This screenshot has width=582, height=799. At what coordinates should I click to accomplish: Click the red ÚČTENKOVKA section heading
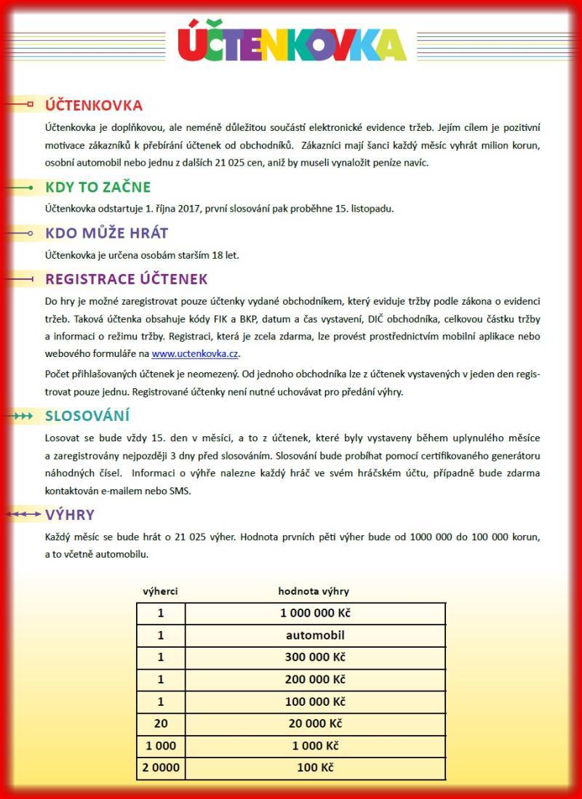pyautogui.click(x=94, y=105)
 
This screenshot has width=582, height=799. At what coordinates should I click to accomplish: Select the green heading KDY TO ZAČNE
pyautogui.click(x=98, y=188)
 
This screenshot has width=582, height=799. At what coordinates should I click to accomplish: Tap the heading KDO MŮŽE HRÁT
pyautogui.click(x=107, y=233)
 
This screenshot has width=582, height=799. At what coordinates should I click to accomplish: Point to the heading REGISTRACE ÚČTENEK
pyautogui.click(x=127, y=279)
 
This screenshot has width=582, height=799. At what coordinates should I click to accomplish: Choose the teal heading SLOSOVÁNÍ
pyautogui.click(x=87, y=417)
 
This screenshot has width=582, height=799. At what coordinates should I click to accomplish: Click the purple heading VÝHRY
pyautogui.click(x=70, y=515)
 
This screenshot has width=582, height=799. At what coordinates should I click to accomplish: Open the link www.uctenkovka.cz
pyautogui.click(x=195, y=354)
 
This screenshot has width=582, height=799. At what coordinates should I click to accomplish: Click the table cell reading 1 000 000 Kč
pyautogui.click(x=315, y=613)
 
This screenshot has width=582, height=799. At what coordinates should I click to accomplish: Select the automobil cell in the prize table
pyautogui.click(x=315, y=635)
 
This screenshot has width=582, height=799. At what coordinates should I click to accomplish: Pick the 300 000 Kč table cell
pyautogui.click(x=315, y=657)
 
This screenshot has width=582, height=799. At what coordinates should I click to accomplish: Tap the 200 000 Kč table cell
pyautogui.click(x=315, y=680)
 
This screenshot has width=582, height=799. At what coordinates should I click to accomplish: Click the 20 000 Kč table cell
pyautogui.click(x=315, y=724)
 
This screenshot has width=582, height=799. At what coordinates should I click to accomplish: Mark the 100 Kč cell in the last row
pyautogui.click(x=315, y=768)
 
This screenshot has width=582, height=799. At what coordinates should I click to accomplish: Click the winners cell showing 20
pyautogui.click(x=161, y=724)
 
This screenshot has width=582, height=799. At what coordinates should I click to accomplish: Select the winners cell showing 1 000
pyautogui.click(x=161, y=746)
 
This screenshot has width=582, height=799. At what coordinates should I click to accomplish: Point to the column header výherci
pyautogui.click(x=160, y=591)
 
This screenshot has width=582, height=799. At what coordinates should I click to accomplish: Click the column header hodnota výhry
pyautogui.click(x=314, y=591)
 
